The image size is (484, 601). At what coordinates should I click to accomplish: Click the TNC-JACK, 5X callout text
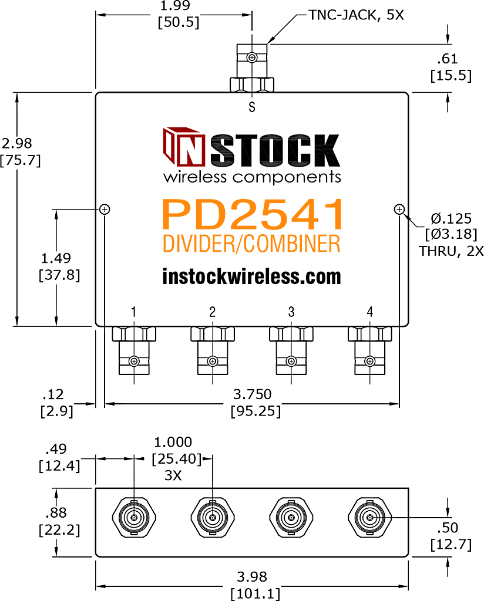point(357,15)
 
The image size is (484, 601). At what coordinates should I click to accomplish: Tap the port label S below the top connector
point(251,107)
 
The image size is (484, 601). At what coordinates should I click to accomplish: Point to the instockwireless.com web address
point(251,276)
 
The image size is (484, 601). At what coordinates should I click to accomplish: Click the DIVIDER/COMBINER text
point(251,244)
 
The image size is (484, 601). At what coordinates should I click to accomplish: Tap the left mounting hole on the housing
point(105,210)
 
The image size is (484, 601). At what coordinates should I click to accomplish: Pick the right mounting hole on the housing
point(399,210)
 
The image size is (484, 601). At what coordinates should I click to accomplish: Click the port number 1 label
point(133,312)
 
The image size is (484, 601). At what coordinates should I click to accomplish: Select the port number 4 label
point(369,312)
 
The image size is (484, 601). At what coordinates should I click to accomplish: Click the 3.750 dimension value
point(253,394)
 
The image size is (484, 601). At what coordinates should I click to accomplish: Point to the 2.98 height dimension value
point(17,143)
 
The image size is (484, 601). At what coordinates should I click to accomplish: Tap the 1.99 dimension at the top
point(175,6)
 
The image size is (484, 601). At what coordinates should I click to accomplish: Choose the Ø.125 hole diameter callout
point(451,218)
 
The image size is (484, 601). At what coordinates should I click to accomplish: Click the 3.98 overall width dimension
point(251,576)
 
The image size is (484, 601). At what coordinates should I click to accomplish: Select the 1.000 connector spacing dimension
point(173,443)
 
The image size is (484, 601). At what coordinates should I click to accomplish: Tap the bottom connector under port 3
point(291,351)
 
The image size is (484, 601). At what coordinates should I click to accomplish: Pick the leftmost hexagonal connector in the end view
point(134,518)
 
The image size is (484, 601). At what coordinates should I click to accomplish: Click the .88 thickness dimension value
point(56,512)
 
